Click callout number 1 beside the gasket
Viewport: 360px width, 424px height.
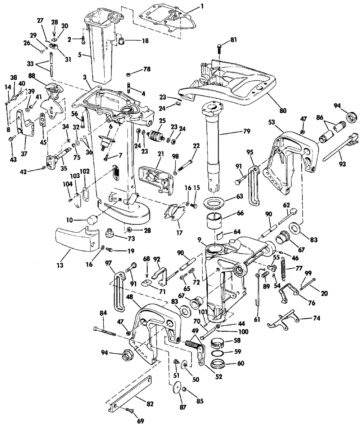[202, 6]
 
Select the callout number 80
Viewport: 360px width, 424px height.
[283, 110]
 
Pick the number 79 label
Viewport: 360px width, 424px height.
[247, 132]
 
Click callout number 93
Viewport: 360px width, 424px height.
[342, 164]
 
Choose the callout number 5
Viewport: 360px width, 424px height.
[80, 54]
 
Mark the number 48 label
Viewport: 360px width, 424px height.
[130, 296]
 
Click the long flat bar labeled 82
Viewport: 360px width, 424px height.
[130, 394]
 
